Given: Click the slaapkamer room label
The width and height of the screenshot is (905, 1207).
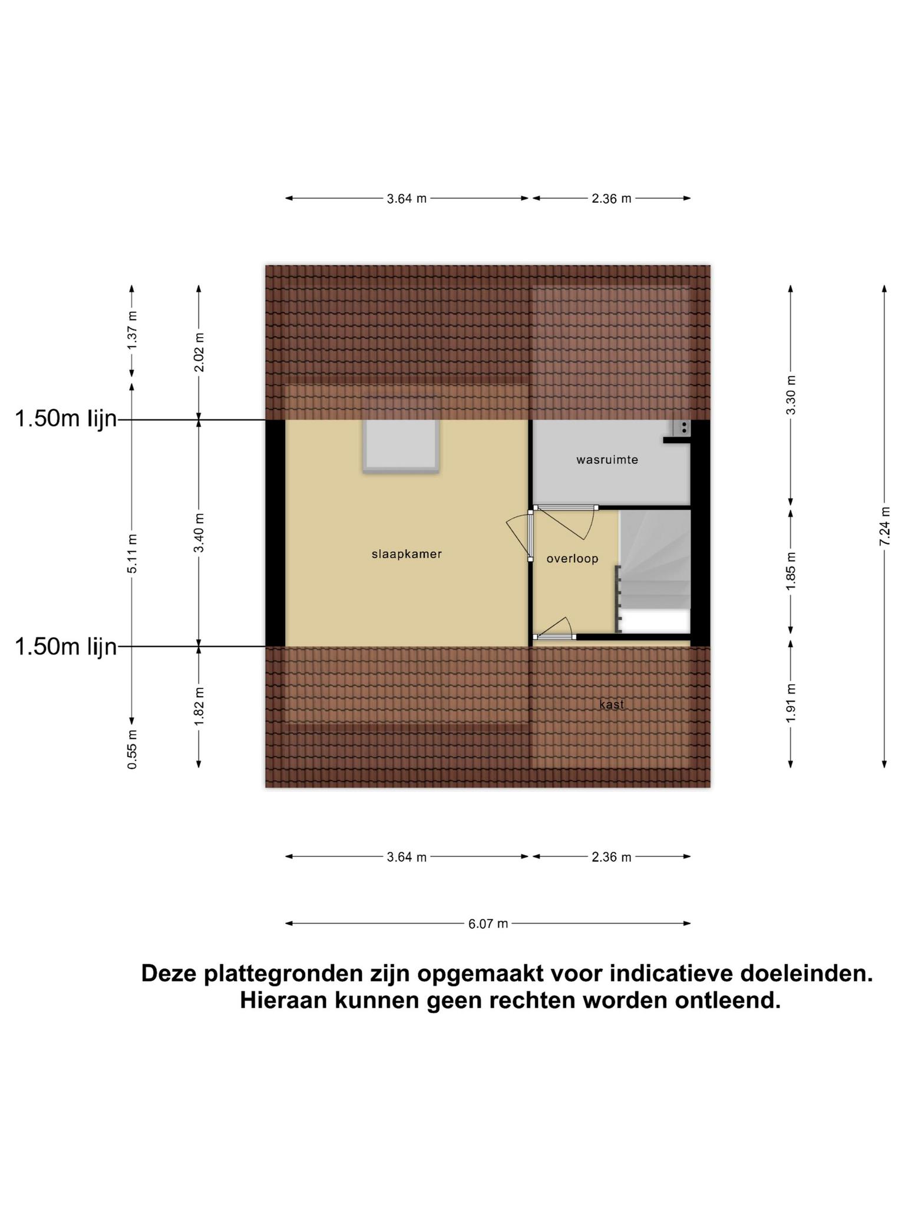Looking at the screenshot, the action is [x=407, y=554].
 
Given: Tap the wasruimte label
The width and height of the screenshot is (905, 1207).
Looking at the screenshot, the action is [x=607, y=460].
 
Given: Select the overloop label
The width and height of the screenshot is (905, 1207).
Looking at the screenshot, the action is [x=572, y=559].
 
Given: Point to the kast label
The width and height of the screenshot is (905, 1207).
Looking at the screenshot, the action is [x=612, y=704].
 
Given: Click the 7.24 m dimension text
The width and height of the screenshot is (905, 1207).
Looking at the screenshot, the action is [x=884, y=526].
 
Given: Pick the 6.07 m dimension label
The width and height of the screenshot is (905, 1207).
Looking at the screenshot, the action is [x=488, y=924].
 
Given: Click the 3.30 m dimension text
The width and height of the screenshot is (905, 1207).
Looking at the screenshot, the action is [x=791, y=395].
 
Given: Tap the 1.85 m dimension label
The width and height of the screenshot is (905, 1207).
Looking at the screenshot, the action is [x=791, y=571].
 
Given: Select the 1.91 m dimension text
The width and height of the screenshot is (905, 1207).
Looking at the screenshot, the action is [x=791, y=703].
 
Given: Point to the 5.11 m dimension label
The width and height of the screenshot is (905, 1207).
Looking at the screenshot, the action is [x=132, y=553].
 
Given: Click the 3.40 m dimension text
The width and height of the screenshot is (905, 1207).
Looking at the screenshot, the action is [x=199, y=533].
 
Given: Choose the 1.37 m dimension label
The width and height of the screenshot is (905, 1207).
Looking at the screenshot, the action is [x=132, y=330].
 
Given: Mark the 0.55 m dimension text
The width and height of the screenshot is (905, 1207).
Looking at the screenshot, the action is [x=132, y=749].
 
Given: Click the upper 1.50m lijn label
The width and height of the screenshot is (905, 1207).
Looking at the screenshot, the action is [x=66, y=419].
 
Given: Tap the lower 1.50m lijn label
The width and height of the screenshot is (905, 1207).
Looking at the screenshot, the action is [x=66, y=647].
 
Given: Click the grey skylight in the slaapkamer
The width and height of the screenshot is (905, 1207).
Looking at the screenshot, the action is [x=401, y=446].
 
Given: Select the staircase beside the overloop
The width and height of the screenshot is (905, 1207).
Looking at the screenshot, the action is [x=655, y=570].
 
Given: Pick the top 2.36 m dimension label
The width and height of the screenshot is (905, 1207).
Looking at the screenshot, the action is [x=611, y=199].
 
